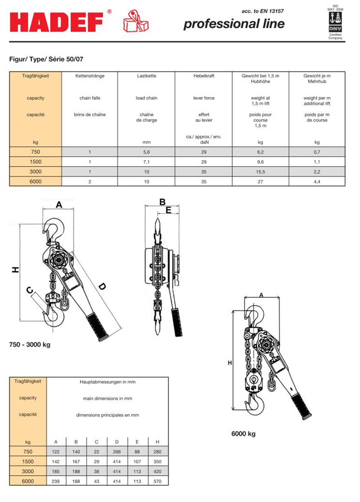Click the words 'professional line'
[234, 24]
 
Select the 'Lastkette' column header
[146, 76]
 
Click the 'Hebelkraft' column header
[203, 76]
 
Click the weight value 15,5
[261, 171]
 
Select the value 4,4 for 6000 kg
[317, 181]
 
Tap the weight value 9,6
[261, 161]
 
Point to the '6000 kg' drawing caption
[243, 434]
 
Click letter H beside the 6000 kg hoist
[229, 363]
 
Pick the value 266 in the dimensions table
[117, 451]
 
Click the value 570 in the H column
[157, 481]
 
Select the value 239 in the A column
[56, 481]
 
